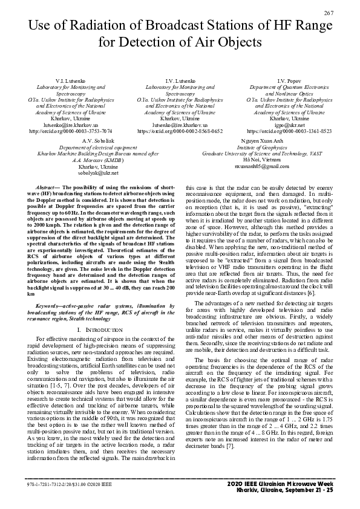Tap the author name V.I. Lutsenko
[x=71, y=81]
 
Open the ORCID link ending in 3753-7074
[x=71, y=131]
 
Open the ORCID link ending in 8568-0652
[x=180, y=131]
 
